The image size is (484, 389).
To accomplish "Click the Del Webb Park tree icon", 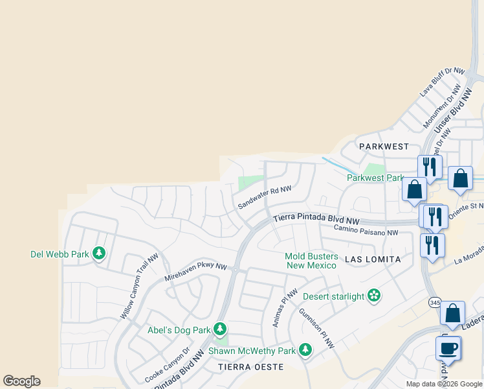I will [99, 253].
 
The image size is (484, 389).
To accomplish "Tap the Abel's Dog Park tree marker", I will [220, 329].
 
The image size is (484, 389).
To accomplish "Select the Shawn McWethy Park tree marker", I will [305, 350].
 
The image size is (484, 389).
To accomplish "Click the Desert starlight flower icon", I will [373, 296].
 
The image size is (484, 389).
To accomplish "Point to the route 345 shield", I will [434, 303].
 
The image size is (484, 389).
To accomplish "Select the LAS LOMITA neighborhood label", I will [373, 259].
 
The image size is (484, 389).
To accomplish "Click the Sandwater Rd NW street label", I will [264, 198].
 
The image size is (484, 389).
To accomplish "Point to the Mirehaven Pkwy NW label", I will [196, 272].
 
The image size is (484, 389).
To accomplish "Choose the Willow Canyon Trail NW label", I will [139, 286].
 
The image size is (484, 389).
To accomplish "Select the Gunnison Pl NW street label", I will [316, 328].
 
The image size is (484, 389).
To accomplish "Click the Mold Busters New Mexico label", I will [311, 261].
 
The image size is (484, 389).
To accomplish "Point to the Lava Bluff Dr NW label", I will [443, 82].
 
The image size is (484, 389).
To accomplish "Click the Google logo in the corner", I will [21, 381].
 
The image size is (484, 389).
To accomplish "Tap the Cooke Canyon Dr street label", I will [167, 366].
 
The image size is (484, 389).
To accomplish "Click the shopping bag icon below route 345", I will [453, 313].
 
